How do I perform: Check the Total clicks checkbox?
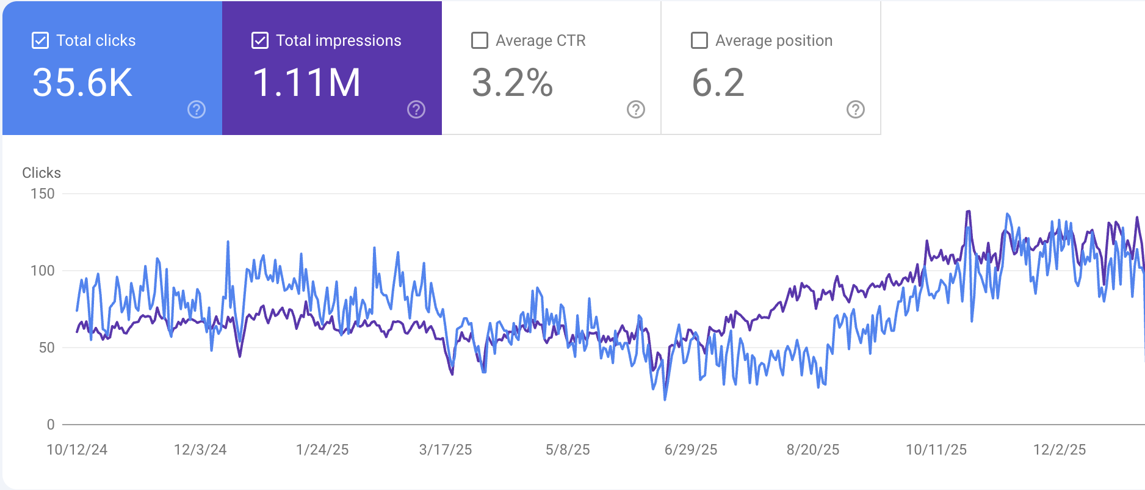[40, 41]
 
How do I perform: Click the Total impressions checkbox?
[260, 41]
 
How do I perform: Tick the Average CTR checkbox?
[480, 41]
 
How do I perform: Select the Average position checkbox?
[699, 41]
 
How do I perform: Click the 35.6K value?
[82, 83]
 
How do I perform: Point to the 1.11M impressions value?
[306, 83]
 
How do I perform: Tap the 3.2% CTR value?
[512, 83]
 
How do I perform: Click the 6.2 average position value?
[718, 83]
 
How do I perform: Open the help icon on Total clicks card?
[197, 109]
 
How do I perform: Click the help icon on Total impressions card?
[416, 109]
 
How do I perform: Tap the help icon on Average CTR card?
[636, 109]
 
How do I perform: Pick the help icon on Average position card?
[856, 109]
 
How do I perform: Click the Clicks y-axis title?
[42, 173]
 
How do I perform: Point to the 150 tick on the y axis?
[43, 194]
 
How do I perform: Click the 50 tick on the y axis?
[46, 348]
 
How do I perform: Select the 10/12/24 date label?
[77, 450]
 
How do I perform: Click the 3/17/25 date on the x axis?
[446, 450]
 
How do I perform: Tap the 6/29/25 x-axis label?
[691, 450]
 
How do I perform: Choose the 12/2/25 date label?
[1060, 450]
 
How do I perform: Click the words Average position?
[774, 41]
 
